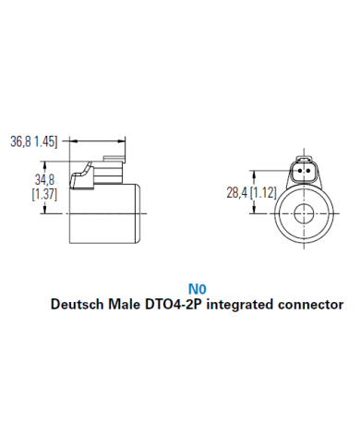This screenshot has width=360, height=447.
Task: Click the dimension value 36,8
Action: pyautogui.click(x=22, y=142)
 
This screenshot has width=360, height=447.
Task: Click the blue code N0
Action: pyautogui.click(x=196, y=288)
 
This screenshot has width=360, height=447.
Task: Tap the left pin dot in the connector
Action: pyautogui.click(x=297, y=171)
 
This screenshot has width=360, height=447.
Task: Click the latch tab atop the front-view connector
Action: pyautogui.click(x=301, y=158)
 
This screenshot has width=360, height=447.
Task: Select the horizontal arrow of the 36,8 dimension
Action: pyautogui.click(x=97, y=141)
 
